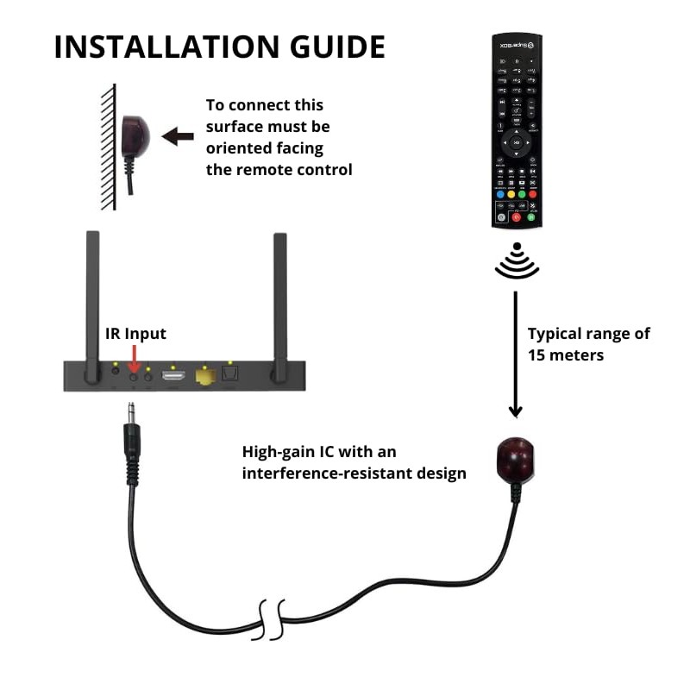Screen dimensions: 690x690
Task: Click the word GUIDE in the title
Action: coord(337,47)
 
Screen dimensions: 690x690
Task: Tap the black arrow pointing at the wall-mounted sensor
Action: coord(179,136)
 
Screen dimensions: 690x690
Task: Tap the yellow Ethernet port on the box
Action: coord(205,376)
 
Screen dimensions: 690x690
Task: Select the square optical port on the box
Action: coord(229,375)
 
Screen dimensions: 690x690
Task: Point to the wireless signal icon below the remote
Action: coord(517,260)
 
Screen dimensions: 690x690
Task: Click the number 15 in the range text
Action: coord(538,354)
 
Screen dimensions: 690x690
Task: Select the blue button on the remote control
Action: coord(499,194)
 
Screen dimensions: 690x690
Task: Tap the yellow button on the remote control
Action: coord(510,194)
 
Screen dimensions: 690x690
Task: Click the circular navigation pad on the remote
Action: coord(516,141)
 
